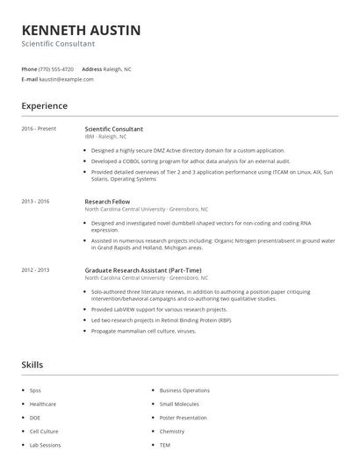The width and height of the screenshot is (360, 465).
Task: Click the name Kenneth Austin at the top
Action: click(81, 31)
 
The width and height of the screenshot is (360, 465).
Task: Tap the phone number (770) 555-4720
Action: click(57, 68)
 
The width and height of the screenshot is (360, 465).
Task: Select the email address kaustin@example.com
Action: click(67, 79)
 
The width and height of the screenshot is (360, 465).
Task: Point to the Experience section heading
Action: click(44, 106)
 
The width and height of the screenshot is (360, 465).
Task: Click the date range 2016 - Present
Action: click(39, 129)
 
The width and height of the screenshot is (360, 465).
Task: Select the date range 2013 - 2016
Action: click(35, 202)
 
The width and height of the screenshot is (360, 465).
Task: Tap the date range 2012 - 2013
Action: click(35, 270)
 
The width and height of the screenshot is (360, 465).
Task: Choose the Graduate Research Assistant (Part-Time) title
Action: click(143, 270)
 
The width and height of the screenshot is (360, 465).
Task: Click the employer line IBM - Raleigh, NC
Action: click(105, 137)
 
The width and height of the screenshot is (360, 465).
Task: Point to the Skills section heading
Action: click(32, 364)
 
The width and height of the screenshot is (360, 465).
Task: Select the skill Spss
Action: click(35, 390)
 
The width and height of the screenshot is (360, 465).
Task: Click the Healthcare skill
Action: click(42, 404)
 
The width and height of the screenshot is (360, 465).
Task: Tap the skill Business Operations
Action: click(184, 390)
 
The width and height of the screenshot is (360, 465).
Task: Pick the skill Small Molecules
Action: click(179, 404)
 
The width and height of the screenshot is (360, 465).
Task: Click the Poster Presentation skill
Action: click(183, 418)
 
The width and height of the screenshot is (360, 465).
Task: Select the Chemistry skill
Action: click(172, 432)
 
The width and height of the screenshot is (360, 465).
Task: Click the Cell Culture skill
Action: click(44, 432)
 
